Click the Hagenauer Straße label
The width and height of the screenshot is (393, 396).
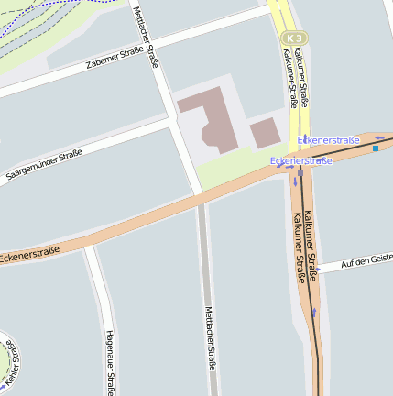[108, 362]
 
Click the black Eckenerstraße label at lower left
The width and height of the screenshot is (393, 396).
[29, 252]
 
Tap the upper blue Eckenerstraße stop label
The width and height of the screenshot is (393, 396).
[329, 139]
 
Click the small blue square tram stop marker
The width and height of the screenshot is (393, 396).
[376, 148]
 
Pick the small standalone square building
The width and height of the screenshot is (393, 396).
[265, 133]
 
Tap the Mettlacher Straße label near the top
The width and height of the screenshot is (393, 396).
[146, 37]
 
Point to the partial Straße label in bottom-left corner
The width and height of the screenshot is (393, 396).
[11, 362]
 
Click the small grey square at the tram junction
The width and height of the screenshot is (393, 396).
[300, 170]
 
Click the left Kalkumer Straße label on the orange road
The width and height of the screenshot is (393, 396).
[300, 247]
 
